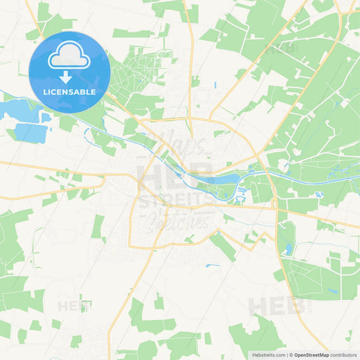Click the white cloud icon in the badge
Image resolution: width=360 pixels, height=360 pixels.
click(70, 55)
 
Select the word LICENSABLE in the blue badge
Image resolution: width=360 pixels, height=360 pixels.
click(70, 91)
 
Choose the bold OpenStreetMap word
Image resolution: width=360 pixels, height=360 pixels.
click(310, 355)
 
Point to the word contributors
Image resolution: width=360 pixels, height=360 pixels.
click(344, 355)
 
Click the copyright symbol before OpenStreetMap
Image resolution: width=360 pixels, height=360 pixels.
click(288, 355)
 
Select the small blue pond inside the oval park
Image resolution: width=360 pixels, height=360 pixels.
click(288, 249)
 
